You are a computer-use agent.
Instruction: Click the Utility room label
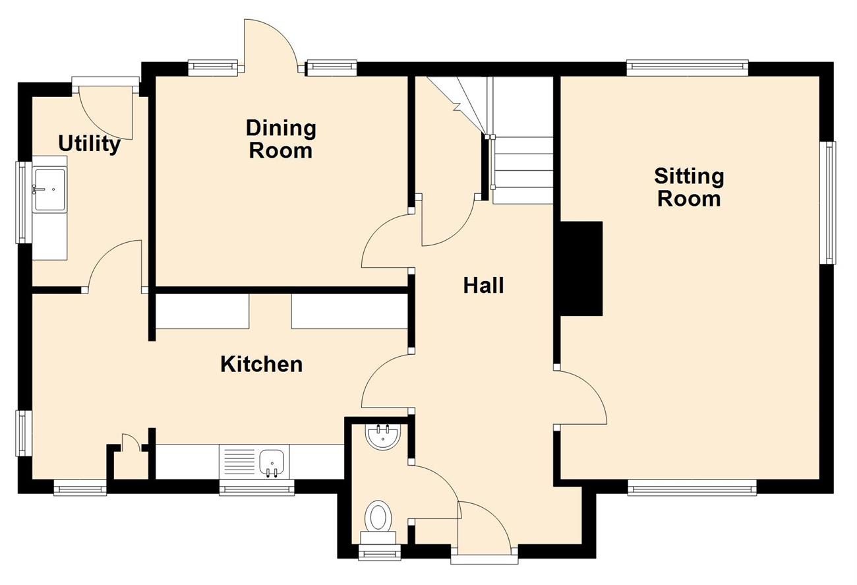pos(90,144)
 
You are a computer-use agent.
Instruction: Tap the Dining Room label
pos(281,139)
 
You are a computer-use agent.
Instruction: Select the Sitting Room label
pos(689,187)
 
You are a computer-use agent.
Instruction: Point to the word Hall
pos(484,285)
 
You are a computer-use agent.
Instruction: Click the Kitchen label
pos(262,364)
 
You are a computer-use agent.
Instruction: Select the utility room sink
pos(49,190)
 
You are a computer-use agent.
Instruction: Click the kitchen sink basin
pos(272,463)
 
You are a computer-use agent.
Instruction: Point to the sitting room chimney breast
pos(581,268)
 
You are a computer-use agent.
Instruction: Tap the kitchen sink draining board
pos(237,462)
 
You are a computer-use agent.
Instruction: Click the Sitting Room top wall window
pos(688,68)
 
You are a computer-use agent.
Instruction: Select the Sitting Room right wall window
pos(827,202)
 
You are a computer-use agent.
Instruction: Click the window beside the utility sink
pos(24,202)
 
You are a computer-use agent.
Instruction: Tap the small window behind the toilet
pos(380,553)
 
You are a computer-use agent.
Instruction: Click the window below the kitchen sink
pos(256,488)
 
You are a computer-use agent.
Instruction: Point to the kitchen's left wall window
pos(24,433)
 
